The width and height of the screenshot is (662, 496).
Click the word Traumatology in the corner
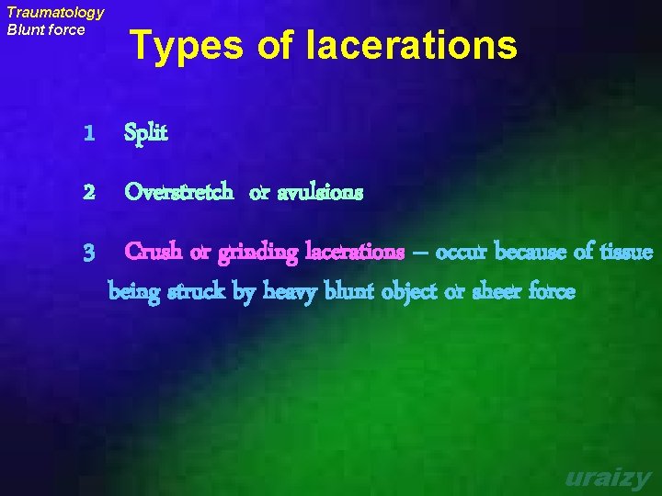coord(55,13)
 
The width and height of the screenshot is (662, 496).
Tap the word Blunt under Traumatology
coord(27,29)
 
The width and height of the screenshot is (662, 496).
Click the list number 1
coord(88,134)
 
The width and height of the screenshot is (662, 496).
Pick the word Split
coord(146,134)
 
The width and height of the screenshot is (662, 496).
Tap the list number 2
coord(88,193)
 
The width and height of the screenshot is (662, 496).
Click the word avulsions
coord(320,193)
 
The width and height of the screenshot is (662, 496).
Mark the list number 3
coord(88,252)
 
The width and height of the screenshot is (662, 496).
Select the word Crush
coord(152,251)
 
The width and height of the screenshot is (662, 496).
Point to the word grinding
coord(258,252)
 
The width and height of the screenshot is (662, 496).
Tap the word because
coord(528,251)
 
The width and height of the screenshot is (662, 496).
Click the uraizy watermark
coord(608,478)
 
